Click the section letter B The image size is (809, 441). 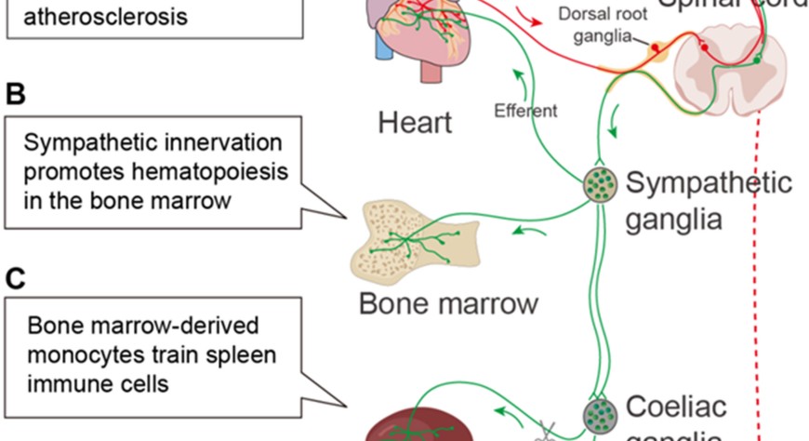coord(15,94)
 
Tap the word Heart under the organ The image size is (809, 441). coord(415,122)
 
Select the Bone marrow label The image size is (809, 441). coord(448,303)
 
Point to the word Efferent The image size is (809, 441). coord(526,111)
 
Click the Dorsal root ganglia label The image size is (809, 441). coord(601,25)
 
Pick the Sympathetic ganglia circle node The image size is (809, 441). coord(600,183)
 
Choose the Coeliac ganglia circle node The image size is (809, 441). coord(600,410)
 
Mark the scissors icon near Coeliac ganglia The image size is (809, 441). coord(546,430)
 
